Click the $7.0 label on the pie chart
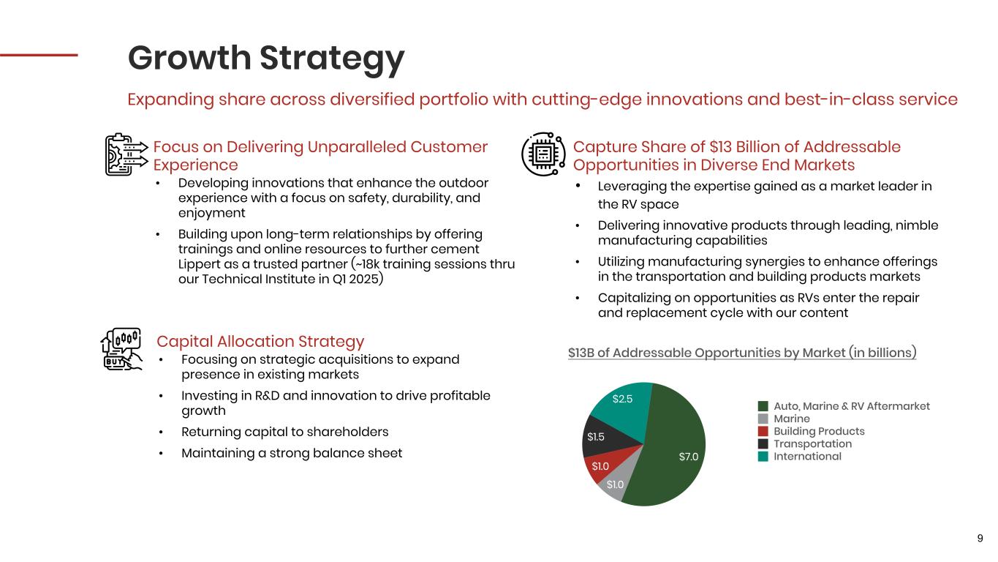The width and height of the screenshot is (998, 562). pos(688,457)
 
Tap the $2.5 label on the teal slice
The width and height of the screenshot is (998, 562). pos(622,399)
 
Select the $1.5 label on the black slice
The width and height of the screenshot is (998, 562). pos(596,437)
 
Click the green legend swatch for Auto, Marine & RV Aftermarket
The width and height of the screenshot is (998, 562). pos(763,406)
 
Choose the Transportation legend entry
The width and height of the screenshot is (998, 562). pos(805,443)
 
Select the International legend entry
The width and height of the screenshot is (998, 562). pos(800,457)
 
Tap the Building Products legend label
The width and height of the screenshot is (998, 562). pos(819,431)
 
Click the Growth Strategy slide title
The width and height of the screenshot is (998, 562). pos(266,59)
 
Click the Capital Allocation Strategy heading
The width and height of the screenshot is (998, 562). pos(260,341)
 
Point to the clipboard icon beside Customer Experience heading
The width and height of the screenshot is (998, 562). pos(126,154)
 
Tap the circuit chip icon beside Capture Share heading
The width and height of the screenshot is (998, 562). pos(543,154)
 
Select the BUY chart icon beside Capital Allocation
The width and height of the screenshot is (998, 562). pos(121,349)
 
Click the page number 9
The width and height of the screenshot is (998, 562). pos(980,539)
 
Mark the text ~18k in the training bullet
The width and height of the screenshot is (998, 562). pos(367,264)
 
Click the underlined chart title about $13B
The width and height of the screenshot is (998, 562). pos(742,353)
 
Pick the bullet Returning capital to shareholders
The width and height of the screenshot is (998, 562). pos(284,432)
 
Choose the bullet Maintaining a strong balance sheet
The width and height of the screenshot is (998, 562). pos(292,453)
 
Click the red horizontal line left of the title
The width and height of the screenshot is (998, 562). pos(39,55)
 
